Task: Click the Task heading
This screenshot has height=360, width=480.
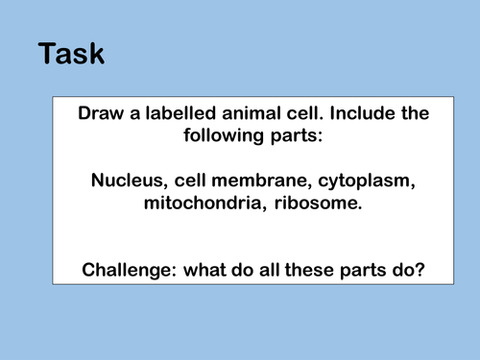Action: pos(72,54)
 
